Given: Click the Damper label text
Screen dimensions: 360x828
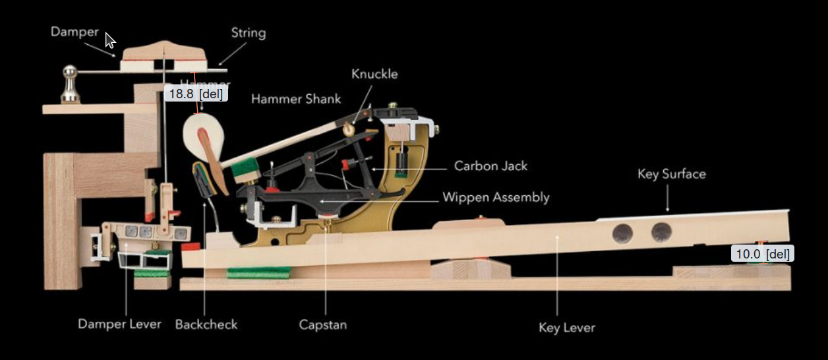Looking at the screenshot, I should click(74, 32).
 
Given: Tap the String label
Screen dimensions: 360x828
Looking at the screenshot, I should click(248, 33).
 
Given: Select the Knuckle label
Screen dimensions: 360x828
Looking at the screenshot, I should click(374, 74).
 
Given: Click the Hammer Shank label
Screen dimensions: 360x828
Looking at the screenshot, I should click(296, 99).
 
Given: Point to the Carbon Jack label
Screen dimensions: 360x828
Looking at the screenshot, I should click(490, 166).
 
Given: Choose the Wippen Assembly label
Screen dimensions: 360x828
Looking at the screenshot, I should click(496, 197).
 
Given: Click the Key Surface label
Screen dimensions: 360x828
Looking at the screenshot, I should click(671, 174).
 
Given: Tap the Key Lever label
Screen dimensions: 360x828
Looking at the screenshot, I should click(566, 328).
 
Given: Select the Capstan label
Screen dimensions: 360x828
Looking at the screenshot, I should click(322, 324).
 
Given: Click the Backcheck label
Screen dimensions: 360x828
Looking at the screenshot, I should click(206, 324).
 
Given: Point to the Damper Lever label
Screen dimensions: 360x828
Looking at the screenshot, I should click(119, 324).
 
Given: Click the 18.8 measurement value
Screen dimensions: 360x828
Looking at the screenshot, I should click(181, 94).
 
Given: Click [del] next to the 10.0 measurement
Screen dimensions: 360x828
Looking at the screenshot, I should click(778, 254).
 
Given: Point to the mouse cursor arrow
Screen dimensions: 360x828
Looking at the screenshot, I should click(109, 40).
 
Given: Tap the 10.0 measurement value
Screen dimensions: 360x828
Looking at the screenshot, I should click(748, 254).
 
